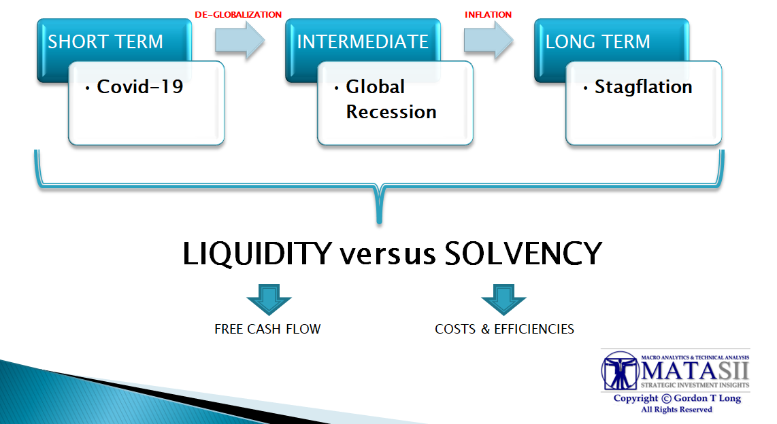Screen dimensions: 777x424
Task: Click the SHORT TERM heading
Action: pyautogui.click(x=105, y=41)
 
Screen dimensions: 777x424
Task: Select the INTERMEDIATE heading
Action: pyautogui.click(x=362, y=41)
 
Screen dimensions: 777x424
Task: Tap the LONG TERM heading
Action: pyautogui.click(x=597, y=41)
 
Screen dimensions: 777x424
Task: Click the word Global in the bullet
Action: pyautogui.click(x=375, y=86)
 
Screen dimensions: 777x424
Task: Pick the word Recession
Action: pyautogui.click(x=391, y=112)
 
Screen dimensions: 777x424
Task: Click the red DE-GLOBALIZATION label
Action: pyautogui.click(x=238, y=15)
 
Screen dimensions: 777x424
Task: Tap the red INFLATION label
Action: pyautogui.click(x=488, y=15)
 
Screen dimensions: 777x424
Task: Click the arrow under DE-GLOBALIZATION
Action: pyautogui.click(x=240, y=39)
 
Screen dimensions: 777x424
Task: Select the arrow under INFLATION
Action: pyautogui.click(x=489, y=39)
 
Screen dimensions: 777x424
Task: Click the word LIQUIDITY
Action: pyautogui.click(x=257, y=253)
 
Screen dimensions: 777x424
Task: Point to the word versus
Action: pyautogui.click(x=388, y=255)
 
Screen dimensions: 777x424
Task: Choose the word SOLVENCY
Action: pyautogui.click(x=523, y=253)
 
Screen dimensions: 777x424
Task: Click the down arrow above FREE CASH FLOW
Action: pyautogui.click(x=269, y=300)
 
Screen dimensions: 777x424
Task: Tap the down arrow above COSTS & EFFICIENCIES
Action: pyautogui.click(x=503, y=300)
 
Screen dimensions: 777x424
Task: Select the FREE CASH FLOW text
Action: pyautogui.click(x=267, y=329)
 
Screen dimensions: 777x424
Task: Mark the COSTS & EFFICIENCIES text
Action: pyautogui.click(x=504, y=329)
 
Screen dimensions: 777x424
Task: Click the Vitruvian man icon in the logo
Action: pyautogui.click(x=619, y=370)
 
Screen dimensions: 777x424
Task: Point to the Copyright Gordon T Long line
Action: pyautogui.click(x=677, y=398)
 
